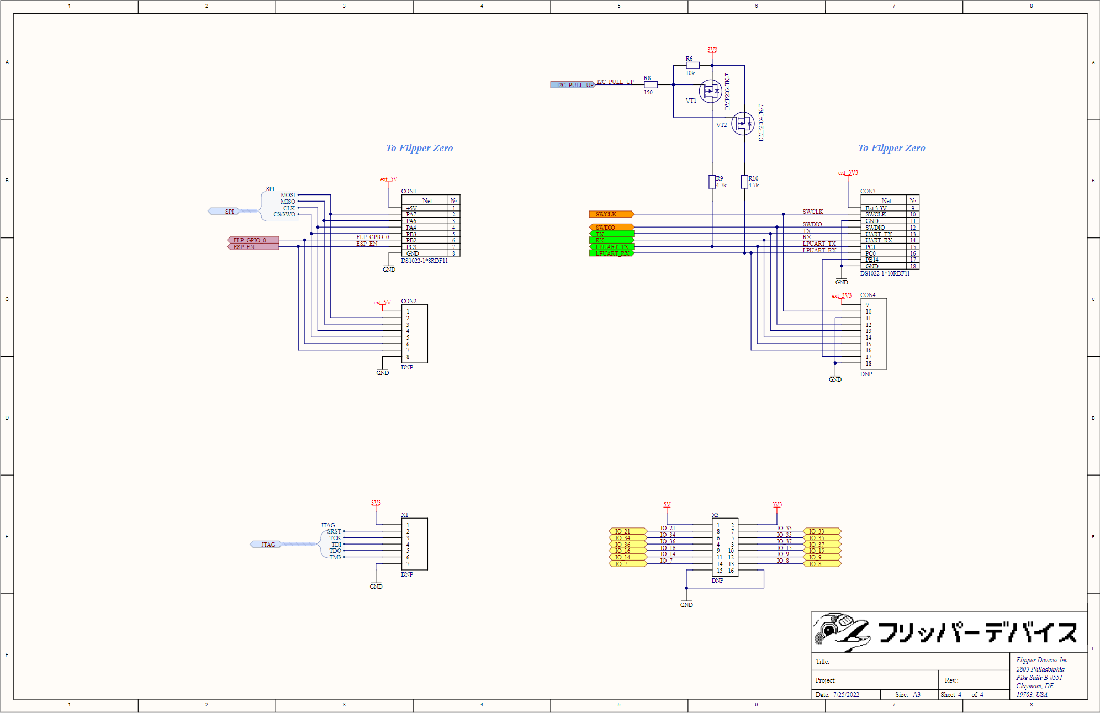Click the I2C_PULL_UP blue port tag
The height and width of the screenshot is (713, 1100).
[x=573, y=85]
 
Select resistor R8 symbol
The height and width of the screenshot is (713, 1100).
[x=651, y=85]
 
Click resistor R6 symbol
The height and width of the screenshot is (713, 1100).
[x=692, y=65]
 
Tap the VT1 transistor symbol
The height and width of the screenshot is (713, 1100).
[x=710, y=91]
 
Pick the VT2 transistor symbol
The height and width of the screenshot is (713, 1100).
[x=743, y=124]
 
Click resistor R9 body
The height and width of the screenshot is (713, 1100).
[x=712, y=182]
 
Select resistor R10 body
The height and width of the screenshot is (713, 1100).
[x=744, y=182]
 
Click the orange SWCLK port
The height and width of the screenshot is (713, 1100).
[x=611, y=214]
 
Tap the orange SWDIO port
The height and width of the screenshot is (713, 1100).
[x=611, y=227]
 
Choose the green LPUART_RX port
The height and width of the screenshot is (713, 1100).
[x=611, y=253]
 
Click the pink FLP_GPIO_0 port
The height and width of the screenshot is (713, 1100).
[x=253, y=240]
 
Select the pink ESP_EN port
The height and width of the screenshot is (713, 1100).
[x=253, y=247]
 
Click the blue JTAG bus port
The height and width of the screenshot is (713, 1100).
[x=266, y=545]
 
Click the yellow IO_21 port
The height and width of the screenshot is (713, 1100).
[x=627, y=531]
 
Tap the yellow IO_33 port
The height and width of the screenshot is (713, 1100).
[x=822, y=531]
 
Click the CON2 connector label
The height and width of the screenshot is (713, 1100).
[x=409, y=301]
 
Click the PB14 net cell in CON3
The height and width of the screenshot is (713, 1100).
[x=872, y=260]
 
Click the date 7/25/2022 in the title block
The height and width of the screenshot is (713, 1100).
[x=846, y=695]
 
